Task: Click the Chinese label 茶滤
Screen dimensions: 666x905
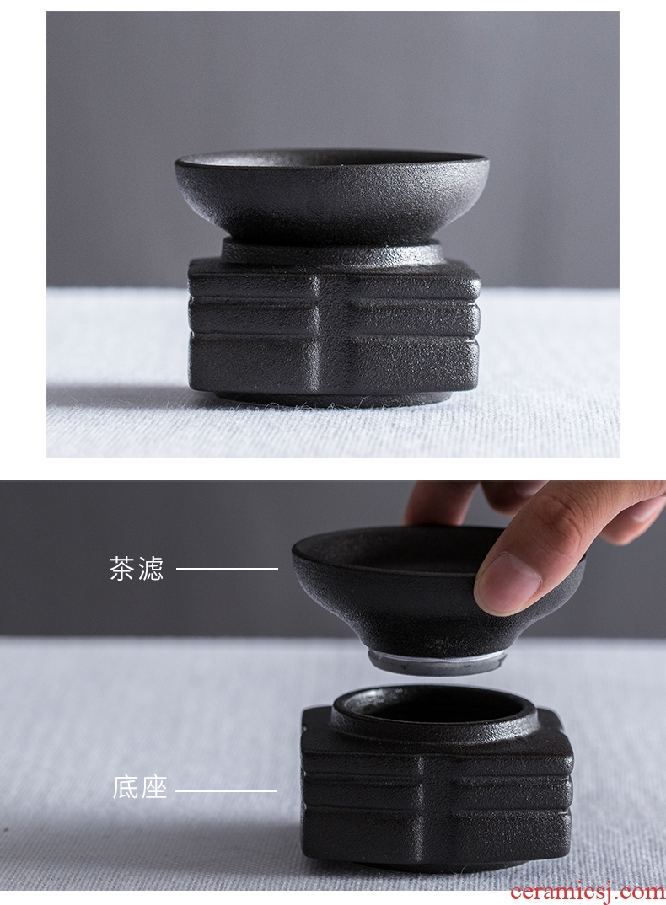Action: coord(137,568)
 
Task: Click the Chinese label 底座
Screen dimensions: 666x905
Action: coord(140,787)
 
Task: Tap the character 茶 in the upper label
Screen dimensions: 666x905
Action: coord(122,568)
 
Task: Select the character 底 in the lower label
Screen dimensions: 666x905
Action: coord(126,787)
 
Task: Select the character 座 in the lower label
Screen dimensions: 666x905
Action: coord(154,787)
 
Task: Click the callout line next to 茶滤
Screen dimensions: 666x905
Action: coord(227,569)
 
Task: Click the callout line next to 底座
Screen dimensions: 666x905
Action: coord(227,790)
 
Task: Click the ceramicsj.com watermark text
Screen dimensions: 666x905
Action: coord(587,892)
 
